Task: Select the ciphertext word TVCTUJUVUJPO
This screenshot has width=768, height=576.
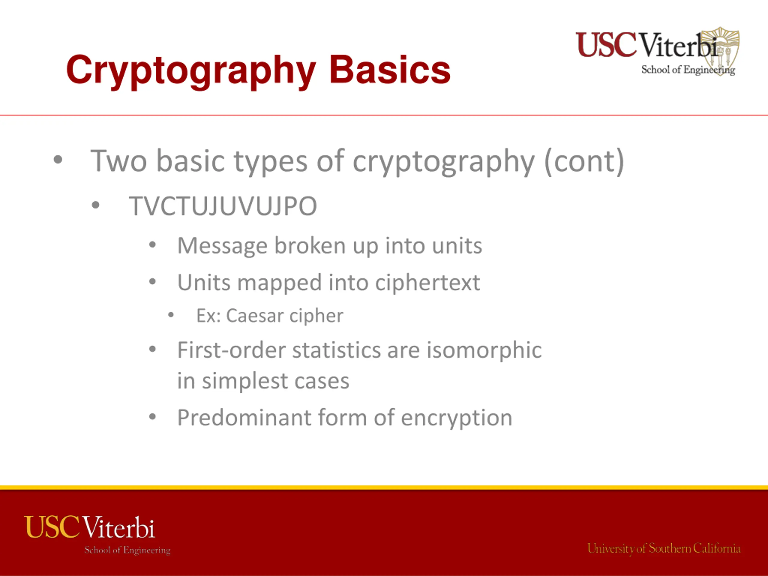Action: point(223,206)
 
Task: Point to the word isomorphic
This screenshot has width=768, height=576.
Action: point(484,351)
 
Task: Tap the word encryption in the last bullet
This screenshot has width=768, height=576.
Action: point(457,419)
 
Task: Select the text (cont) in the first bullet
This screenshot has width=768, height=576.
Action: point(584,161)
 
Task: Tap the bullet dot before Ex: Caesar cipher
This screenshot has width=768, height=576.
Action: point(170,315)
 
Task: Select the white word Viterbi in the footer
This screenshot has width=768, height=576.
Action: point(119,527)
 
